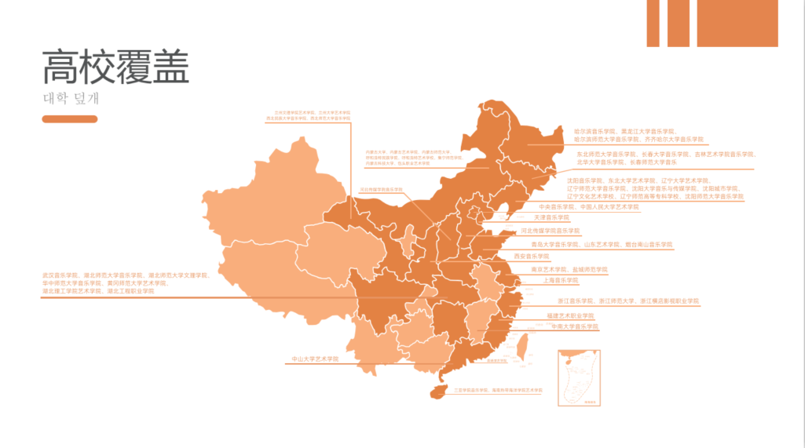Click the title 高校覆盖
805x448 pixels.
[x=115, y=67]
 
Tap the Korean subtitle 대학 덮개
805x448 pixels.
[x=71, y=100]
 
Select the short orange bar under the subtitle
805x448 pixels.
[x=70, y=119]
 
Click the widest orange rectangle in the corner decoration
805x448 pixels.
[x=737, y=23]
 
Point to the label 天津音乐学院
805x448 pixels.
[x=551, y=217]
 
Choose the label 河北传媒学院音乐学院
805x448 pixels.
[x=550, y=231]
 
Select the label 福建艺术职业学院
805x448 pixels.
[x=570, y=315]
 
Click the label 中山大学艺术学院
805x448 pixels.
[x=315, y=359]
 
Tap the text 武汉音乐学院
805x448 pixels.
[x=60, y=275]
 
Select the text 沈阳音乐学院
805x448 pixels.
[x=585, y=180]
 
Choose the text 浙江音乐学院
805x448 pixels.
[x=575, y=300]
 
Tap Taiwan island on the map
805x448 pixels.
[x=520, y=343]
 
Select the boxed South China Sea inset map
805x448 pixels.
[x=578, y=377]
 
